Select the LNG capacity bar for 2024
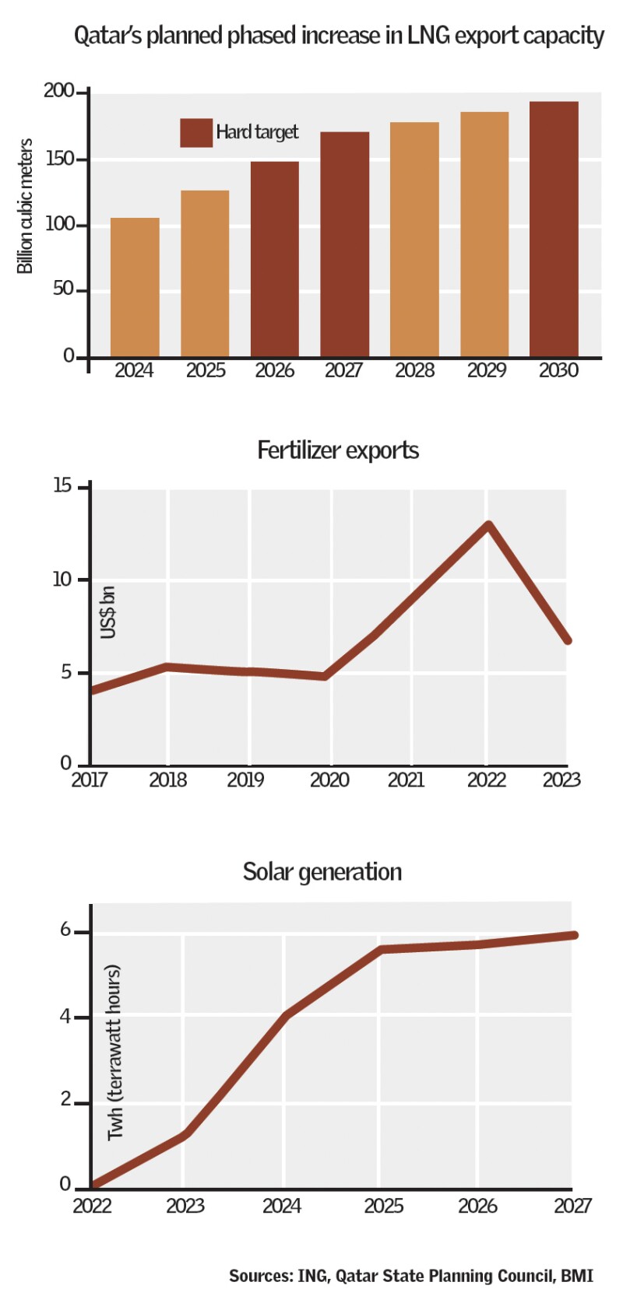point(135,287)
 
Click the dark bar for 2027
point(344,244)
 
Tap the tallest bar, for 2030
point(554,229)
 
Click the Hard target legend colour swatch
point(196,133)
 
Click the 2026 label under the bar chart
point(275,370)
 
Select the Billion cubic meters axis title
point(25,206)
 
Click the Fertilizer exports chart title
point(338,450)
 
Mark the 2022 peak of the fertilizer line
point(488,525)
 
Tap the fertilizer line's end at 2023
point(568,640)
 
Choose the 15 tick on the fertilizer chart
point(62,486)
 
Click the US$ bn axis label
point(108,612)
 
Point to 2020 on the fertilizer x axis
point(329,779)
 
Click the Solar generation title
point(322,872)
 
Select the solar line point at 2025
point(381,949)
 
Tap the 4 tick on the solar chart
point(65,1017)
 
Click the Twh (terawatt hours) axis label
point(114,1053)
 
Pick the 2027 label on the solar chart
point(572,1206)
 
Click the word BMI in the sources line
point(576,1276)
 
